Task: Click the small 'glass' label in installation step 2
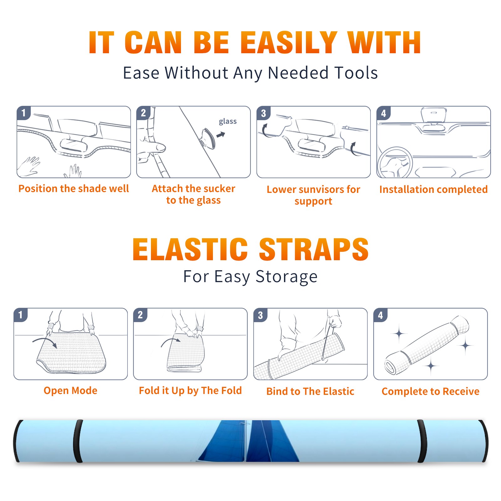228,121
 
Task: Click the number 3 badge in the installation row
263,113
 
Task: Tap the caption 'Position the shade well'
74,189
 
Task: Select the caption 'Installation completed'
433,189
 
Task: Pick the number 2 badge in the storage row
140,315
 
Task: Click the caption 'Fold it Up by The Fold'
190,390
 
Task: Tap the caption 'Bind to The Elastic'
310,391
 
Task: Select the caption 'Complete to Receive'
431,391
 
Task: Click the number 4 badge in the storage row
380,315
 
